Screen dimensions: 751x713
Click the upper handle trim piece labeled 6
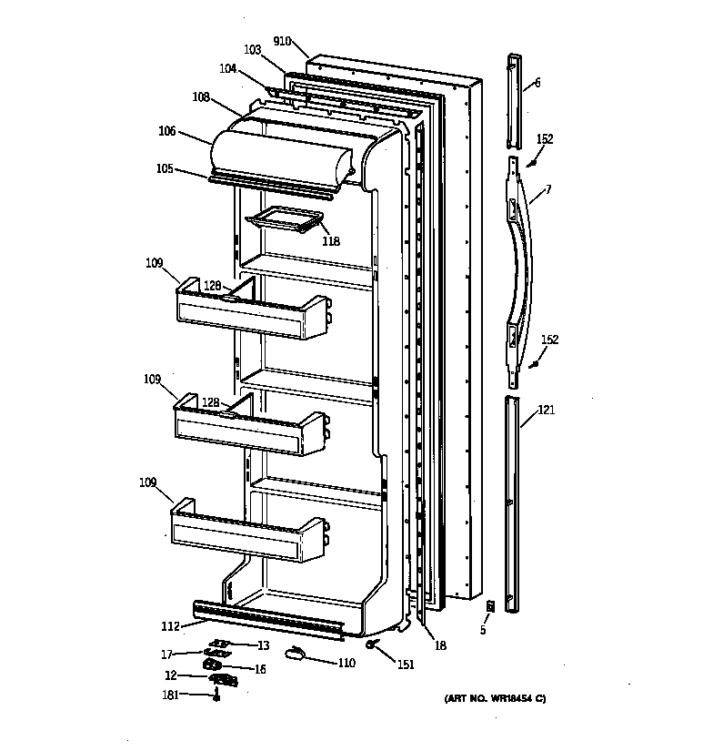click(515, 99)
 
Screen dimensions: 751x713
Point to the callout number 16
click(259, 669)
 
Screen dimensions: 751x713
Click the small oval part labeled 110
click(296, 651)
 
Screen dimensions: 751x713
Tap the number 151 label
click(406, 665)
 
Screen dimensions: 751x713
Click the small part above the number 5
click(490, 605)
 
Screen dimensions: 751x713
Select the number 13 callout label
click(263, 645)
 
